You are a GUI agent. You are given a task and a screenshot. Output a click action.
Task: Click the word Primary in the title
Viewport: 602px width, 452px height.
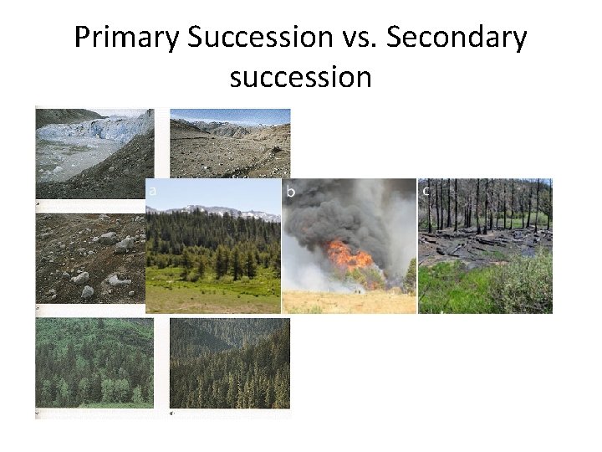126,38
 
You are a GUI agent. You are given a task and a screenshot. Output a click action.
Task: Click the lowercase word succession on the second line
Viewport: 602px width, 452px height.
300,77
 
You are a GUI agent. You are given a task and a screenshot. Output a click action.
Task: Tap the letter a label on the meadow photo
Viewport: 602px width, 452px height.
152,192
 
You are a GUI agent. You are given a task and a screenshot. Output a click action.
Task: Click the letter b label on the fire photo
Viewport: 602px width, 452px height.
291,193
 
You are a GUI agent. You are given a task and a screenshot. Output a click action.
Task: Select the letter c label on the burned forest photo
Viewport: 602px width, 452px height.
426,191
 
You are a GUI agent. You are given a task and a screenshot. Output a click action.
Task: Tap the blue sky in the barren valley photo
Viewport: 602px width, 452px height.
230,115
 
